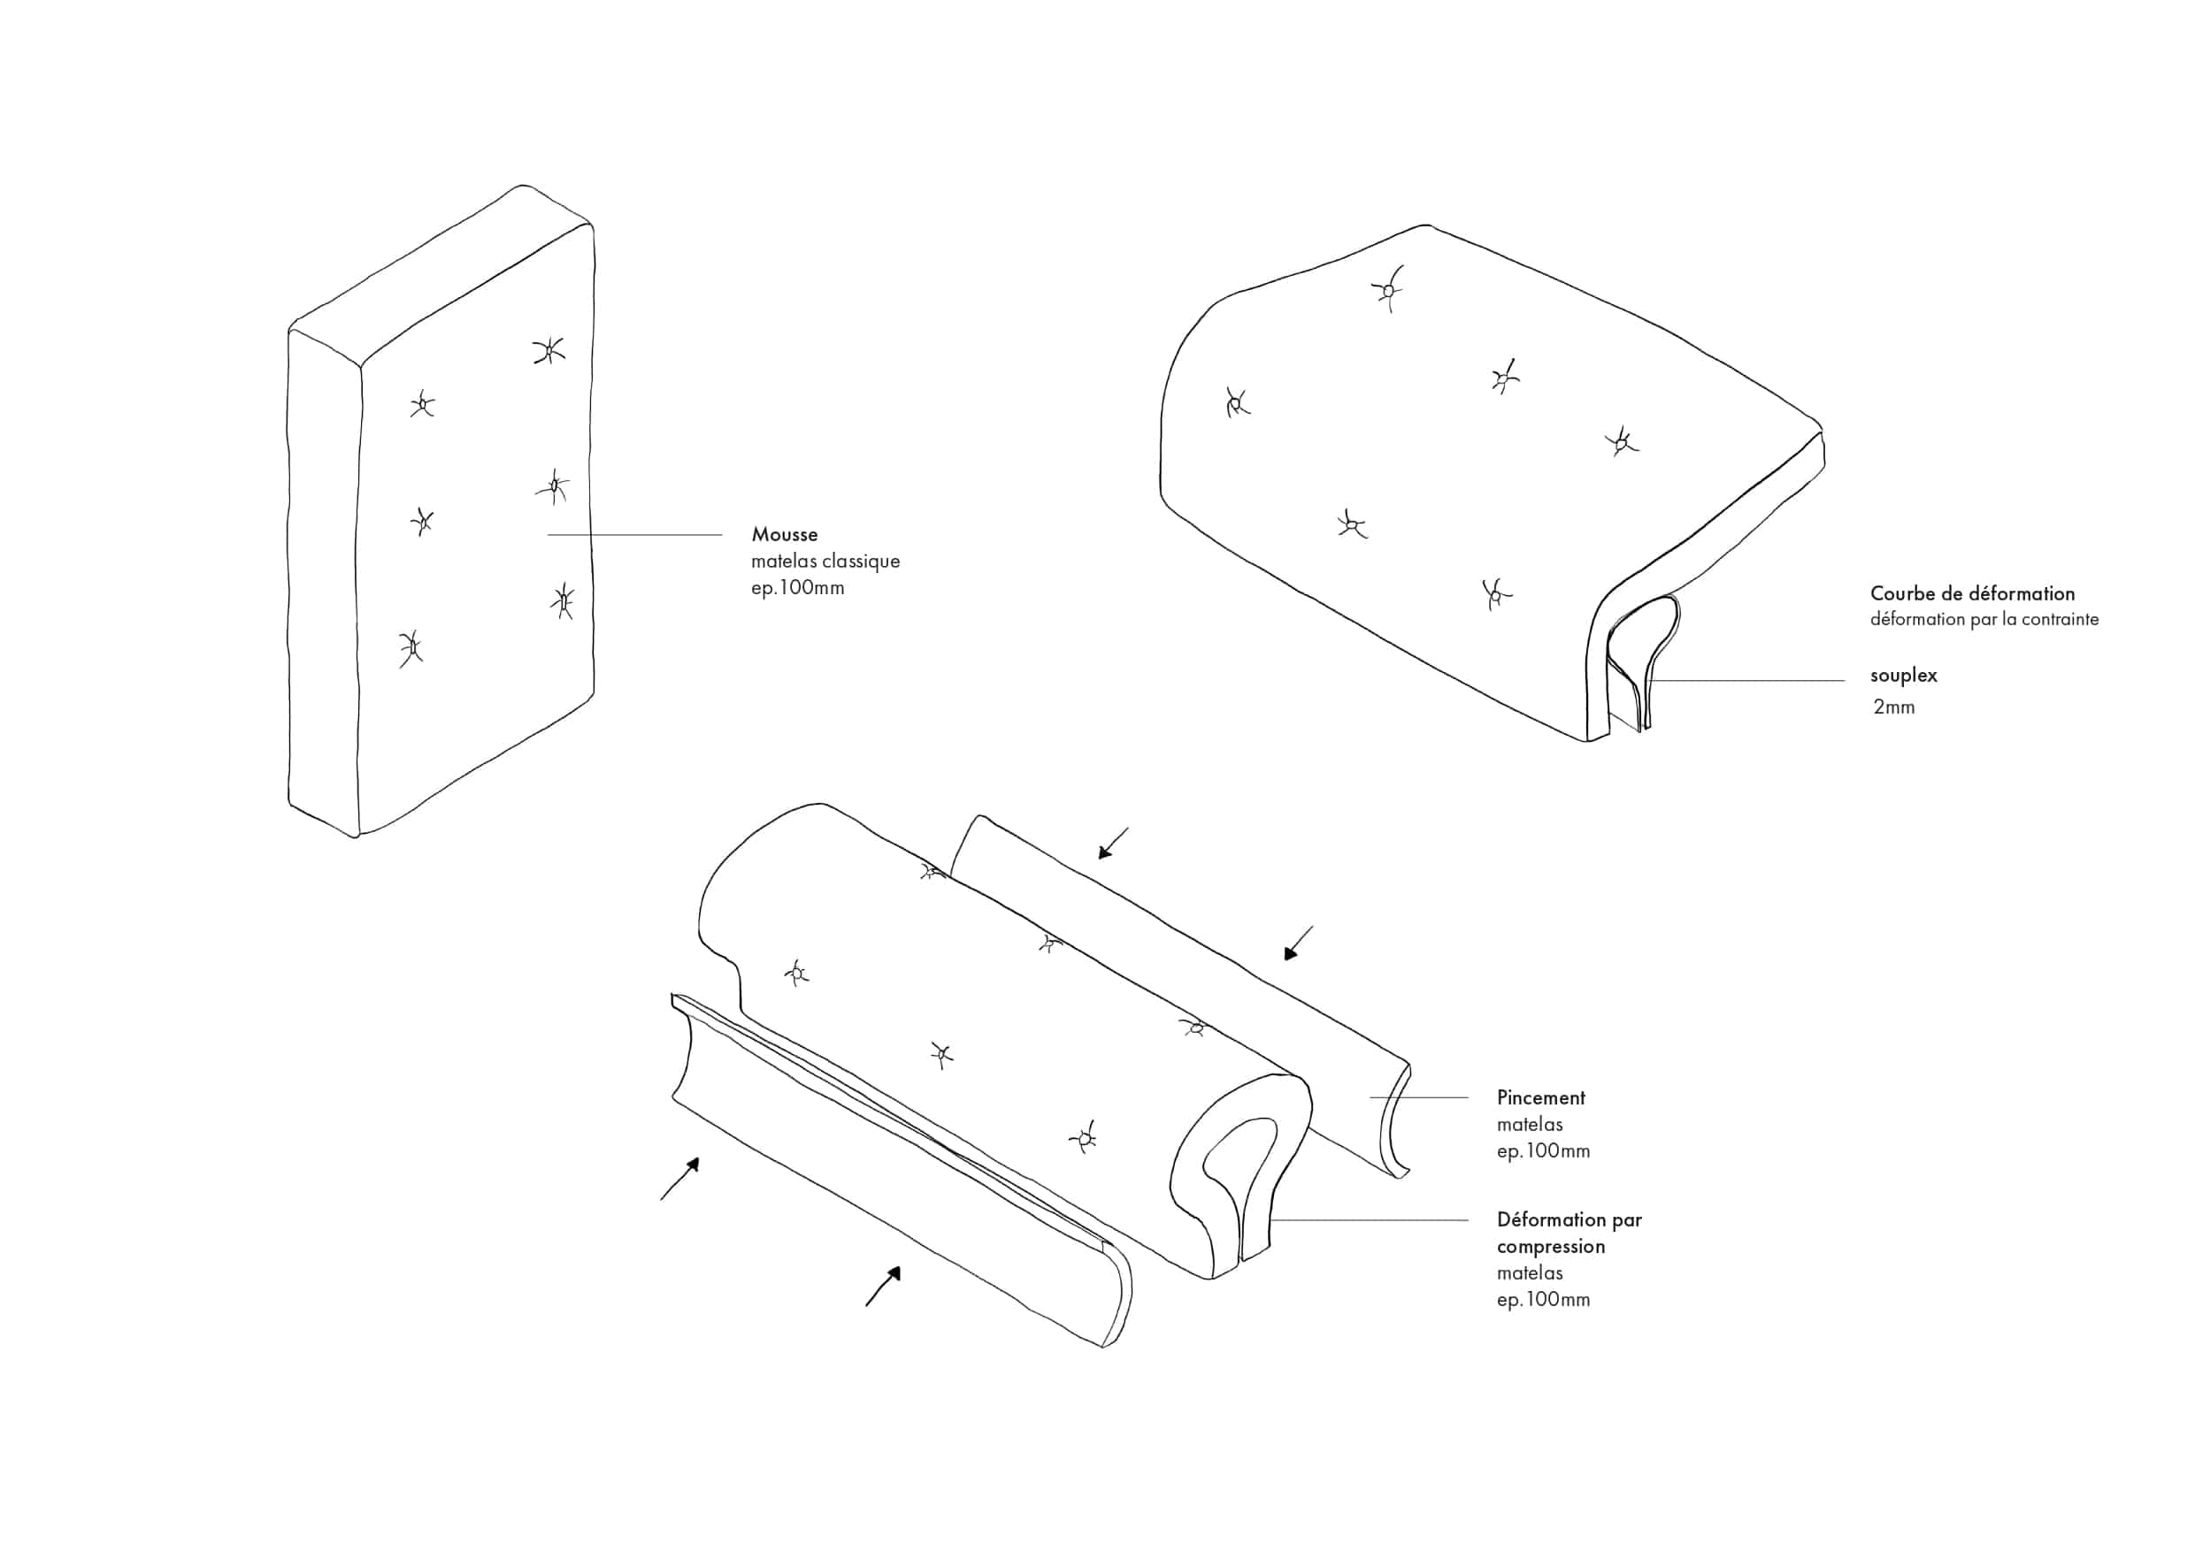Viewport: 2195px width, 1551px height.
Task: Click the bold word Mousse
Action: click(784, 534)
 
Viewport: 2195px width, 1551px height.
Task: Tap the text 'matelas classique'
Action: click(825, 561)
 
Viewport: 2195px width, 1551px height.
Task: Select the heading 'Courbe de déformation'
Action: click(1972, 593)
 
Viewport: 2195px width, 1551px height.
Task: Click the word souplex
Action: click(1903, 676)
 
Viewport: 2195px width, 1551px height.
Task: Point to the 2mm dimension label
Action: click(1894, 707)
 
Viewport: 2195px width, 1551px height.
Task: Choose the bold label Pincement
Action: click(1540, 1097)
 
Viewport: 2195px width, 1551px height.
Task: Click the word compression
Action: click(1551, 1247)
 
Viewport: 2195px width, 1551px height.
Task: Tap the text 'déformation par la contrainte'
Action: click(1984, 619)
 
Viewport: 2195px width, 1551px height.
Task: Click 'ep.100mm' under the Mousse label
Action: click(797, 588)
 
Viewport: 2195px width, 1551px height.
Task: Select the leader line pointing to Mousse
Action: click(635, 535)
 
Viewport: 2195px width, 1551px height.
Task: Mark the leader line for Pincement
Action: click(1419, 1097)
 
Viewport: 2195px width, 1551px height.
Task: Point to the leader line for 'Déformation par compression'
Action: click(1369, 1220)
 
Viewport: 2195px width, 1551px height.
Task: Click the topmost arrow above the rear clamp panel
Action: click(1114, 844)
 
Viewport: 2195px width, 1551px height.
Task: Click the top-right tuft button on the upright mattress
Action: click(549, 352)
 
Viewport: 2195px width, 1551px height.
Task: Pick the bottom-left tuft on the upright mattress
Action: click(411, 649)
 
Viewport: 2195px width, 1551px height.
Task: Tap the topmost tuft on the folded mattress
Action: click(1388, 288)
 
